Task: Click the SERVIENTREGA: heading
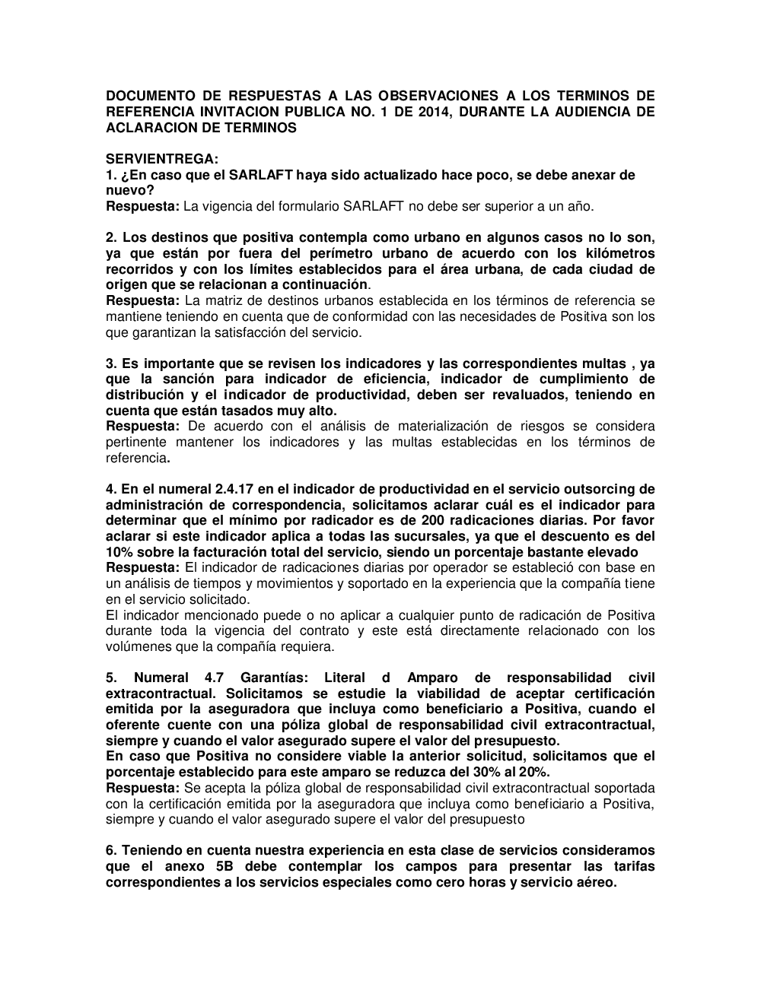pyautogui.click(x=162, y=159)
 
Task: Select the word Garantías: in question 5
pyautogui.click(x=274, y=678)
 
